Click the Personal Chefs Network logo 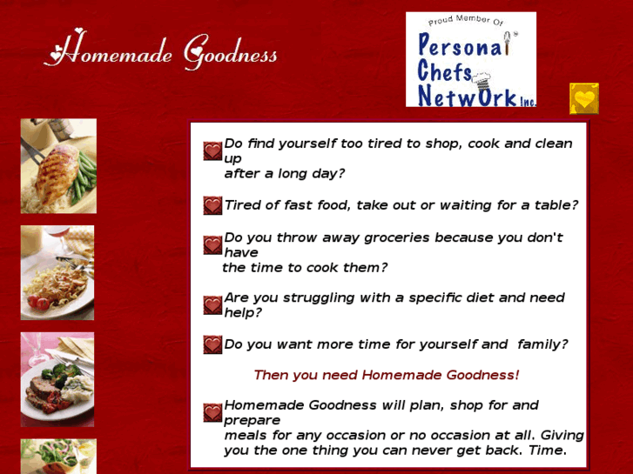click(471, 59)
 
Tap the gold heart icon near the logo click(584, 99)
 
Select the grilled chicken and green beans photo click(58, 166)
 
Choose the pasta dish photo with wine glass click(57, 272)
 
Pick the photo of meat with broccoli click(57, 379)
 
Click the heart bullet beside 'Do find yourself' click(212, 151)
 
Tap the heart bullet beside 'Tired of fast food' click(212, 205)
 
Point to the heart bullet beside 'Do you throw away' click(212, 245)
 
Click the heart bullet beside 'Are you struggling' click(212, 305)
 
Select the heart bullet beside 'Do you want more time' click(212, 344)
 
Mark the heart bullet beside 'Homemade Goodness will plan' click(212, 412)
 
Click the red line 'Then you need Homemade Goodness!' click(386, 375)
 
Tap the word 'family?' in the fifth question click(542, 344)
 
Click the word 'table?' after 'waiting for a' click(556, 205)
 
